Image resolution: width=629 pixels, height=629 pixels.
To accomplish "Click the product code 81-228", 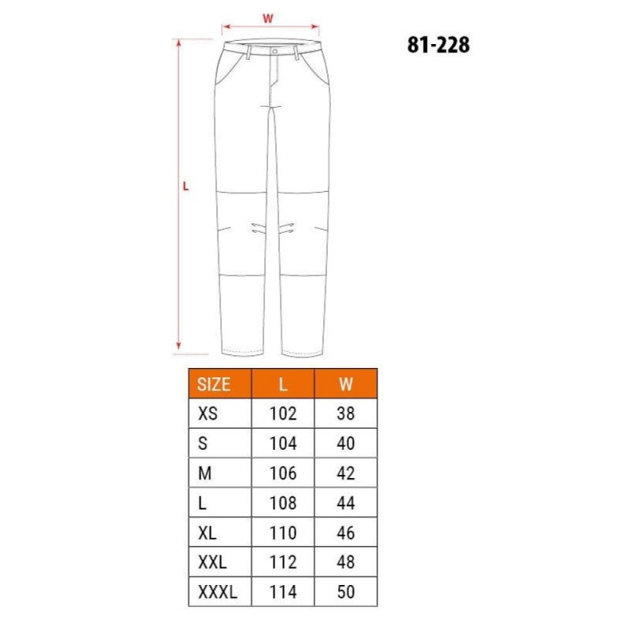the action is click(438, 45).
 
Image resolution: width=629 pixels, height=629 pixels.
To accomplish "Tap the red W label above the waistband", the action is click(268, 18).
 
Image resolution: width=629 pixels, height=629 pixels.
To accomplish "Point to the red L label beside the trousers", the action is click(186, 186).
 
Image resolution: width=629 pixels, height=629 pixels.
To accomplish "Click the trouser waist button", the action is click(274, 52).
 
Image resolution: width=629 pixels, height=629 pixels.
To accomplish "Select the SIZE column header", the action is click(213, 384).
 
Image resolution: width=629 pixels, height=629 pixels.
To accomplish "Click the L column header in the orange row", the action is click(283, 384).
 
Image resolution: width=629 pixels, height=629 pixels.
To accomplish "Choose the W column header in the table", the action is click(346, 384).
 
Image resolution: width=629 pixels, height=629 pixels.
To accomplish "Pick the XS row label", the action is click(208, 414).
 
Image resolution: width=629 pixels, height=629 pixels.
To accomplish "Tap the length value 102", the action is click(283, 414).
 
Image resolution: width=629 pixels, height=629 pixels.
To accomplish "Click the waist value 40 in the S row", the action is click(346, 443).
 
